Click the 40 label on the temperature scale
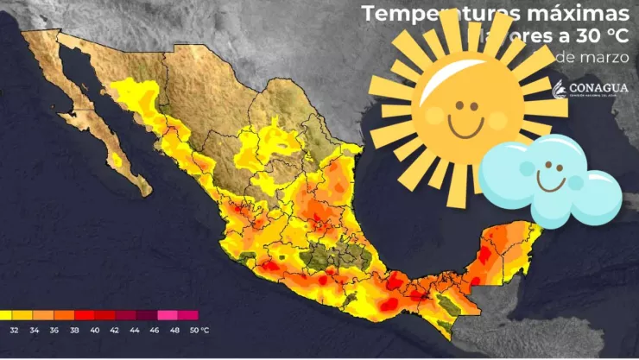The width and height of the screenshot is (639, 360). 94,329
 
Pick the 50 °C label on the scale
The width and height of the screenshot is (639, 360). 197,329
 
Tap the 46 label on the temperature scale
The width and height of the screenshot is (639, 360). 153,329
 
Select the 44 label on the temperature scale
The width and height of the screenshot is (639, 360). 133,329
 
